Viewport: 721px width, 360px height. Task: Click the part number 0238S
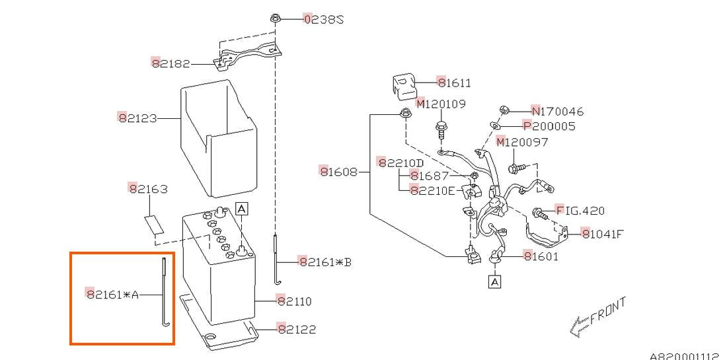323,19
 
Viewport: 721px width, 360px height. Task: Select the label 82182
171,63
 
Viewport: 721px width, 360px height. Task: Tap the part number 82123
137,118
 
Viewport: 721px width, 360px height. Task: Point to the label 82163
148,188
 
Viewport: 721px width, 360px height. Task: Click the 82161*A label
112,294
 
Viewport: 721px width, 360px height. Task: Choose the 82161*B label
324,262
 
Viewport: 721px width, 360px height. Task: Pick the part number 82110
294,301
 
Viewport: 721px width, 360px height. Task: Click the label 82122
297,329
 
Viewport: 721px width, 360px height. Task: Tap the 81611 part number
454,83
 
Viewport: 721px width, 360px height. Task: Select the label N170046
557,111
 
